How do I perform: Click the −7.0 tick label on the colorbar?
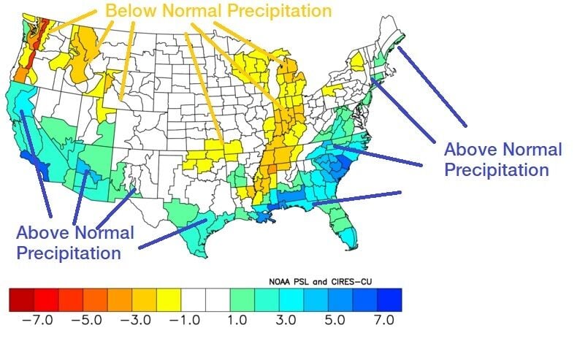click(31, 321)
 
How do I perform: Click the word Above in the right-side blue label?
click(469, 150)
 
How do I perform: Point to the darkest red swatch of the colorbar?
click(20, 299)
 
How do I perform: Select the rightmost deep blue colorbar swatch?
click(389, 299)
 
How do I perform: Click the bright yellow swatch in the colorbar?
click(168, 299)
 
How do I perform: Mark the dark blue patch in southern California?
click(35, 161)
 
